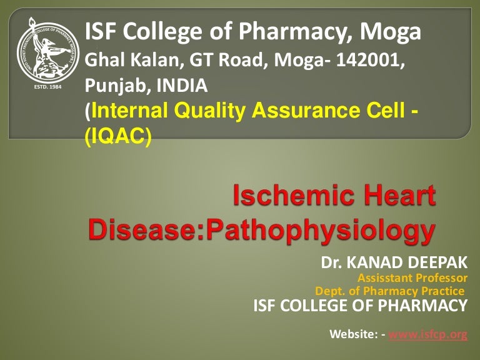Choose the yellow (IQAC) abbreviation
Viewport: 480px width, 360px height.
(x=118, y=136)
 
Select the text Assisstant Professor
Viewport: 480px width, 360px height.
(x=412, y=278)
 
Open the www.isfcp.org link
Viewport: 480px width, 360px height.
(x=428, y=335)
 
